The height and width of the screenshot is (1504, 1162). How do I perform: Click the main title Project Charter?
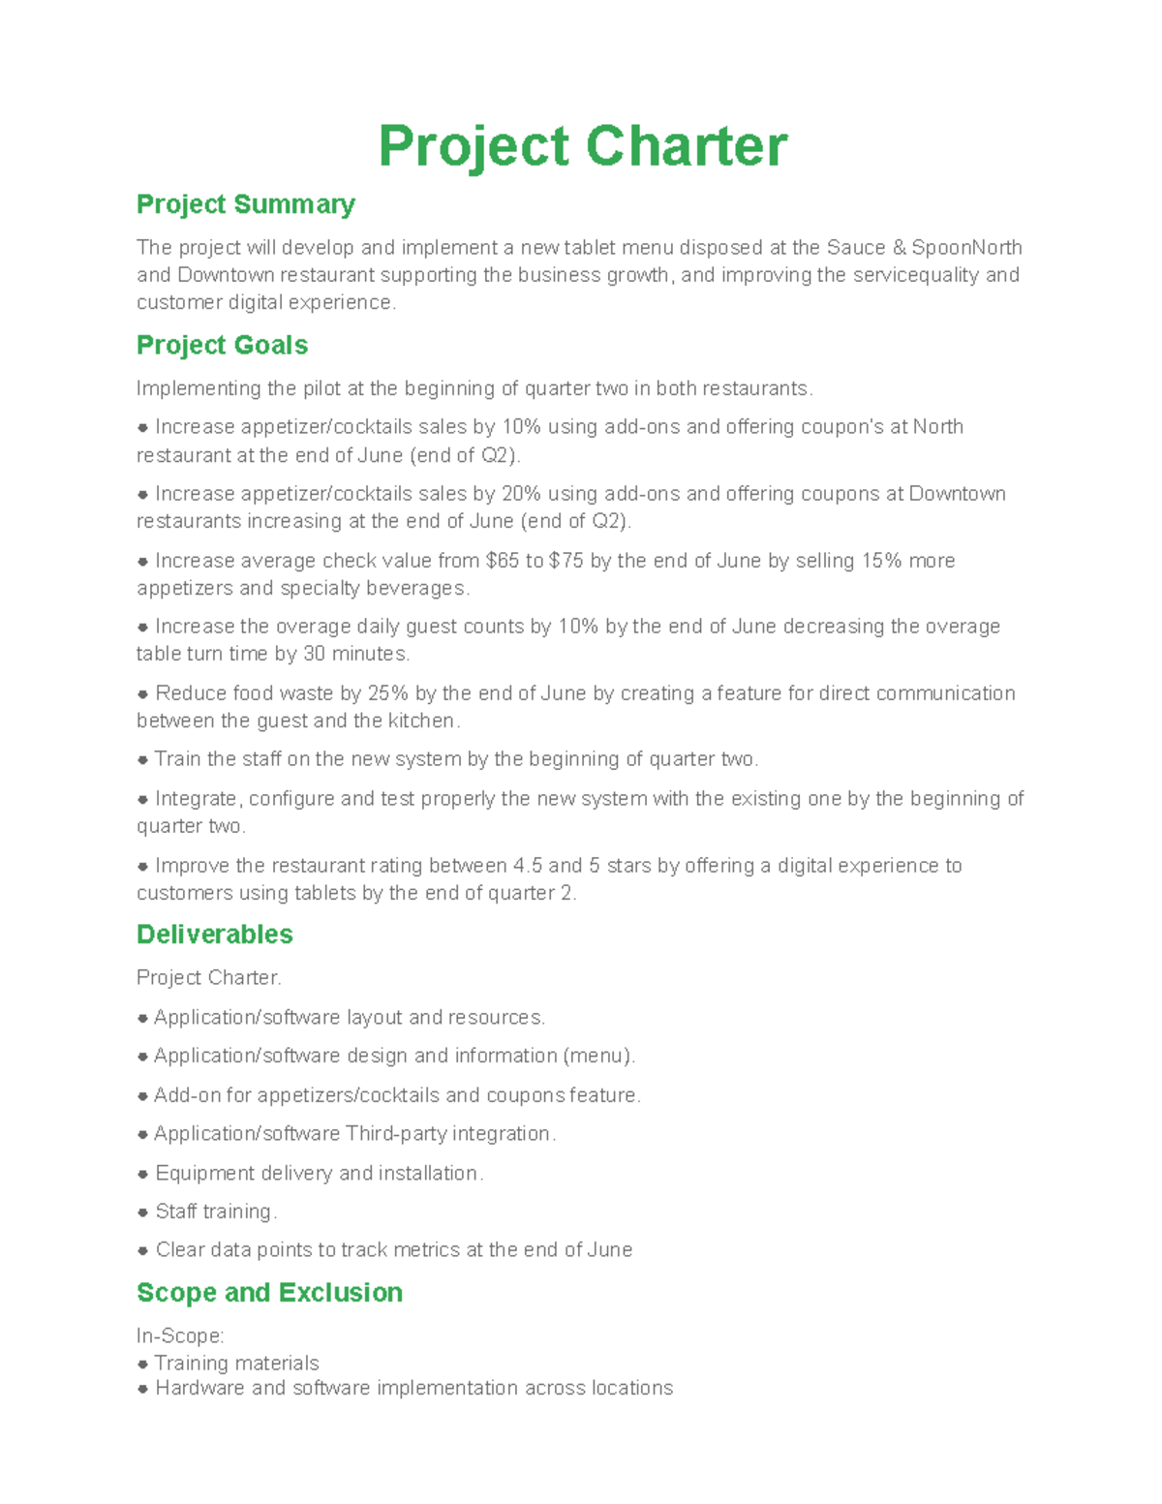pyautogui.click(x=582, y=146)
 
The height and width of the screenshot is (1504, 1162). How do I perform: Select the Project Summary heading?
pyautogui.click(x=246, y=204)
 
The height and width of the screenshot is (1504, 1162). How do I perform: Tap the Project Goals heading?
pyautogui.click(x=222, y=346)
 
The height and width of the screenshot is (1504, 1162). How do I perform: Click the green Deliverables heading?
pyautogui.click(x=214, y=935)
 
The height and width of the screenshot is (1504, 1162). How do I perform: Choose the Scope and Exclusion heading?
pyautogui.click(x=269, y=1293)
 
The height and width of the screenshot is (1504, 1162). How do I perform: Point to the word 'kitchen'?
pyautogui.click(x=421, y=721)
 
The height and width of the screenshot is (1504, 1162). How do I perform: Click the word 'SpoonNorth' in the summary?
pyautogui.click(x=966, y=248)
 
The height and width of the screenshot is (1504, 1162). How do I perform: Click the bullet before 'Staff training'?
pyautogui.click(x=142, y=1212)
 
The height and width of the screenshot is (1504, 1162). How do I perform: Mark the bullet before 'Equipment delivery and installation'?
pyautogui.click(x=142, y=1174)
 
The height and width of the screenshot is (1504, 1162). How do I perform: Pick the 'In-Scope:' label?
pyautogui.click(x=180, y=1336)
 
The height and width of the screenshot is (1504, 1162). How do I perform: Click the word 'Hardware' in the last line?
pyautogui.click(x=199, y=1389)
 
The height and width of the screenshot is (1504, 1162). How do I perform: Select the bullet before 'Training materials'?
pyautogui.click(x=142, y=1364)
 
